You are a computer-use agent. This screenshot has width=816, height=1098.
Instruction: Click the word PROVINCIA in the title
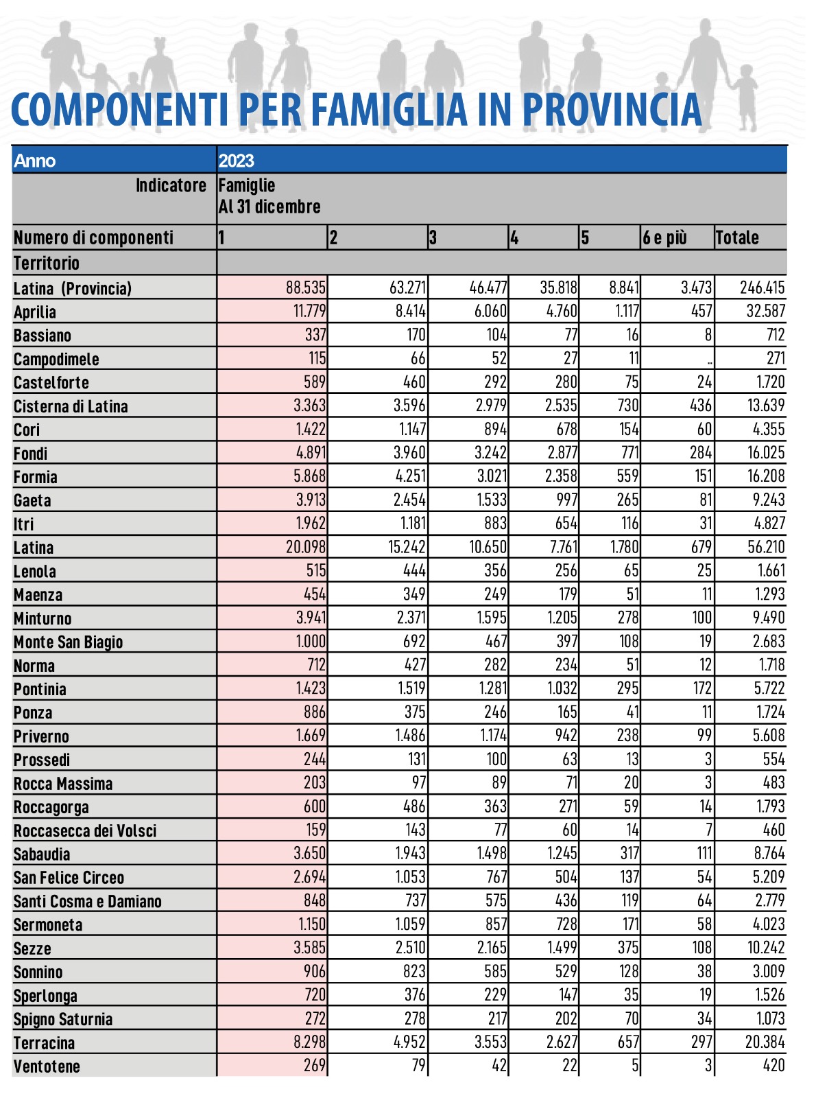pos(612,110)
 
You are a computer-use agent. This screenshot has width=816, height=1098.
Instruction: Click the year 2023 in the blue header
pos(237,161)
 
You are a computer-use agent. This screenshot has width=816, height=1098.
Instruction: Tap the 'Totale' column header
pos(737,237)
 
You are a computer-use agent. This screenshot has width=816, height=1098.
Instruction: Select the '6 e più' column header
pos(664,237)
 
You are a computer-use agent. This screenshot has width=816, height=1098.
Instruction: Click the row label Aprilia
pos(35,312)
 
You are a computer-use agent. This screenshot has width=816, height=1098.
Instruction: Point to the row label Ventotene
pos(47,1066)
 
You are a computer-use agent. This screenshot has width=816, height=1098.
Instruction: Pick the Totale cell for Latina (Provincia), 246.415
pos(762,288)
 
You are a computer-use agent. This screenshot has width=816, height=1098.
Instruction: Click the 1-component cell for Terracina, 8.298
pos(309,1042)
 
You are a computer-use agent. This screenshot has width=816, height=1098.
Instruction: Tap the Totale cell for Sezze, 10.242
pos(765,948)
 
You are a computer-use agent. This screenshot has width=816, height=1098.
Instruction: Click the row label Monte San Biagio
pos(68,642)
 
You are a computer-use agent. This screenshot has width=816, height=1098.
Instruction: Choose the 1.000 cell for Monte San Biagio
pos(311,641)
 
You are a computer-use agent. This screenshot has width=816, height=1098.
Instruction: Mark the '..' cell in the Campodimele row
pos(709,360)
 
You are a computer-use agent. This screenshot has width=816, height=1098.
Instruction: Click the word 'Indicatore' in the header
pos(171,185)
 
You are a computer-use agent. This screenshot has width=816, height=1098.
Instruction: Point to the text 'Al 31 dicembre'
pos(269,207)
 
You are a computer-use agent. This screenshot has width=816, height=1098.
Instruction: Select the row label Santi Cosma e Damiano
pos(87,901)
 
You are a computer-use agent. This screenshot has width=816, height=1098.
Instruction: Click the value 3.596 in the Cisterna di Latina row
pos(409,406)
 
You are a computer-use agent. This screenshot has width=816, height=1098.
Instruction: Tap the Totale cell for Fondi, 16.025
pos(765,453)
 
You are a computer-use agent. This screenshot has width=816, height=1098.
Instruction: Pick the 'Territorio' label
pos(47,263)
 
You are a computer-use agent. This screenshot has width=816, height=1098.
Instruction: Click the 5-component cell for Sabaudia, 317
pos(627,854)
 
